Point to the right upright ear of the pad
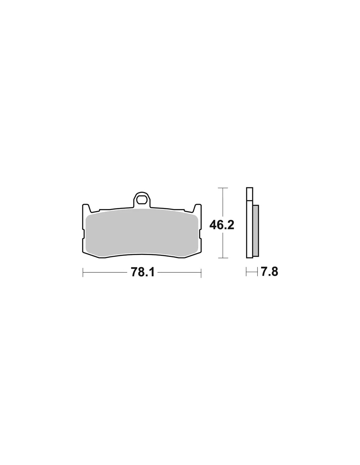(x=198, y=208)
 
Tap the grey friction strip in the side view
(x=256, y=230)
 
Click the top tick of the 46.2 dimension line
(x=223, y=188)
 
